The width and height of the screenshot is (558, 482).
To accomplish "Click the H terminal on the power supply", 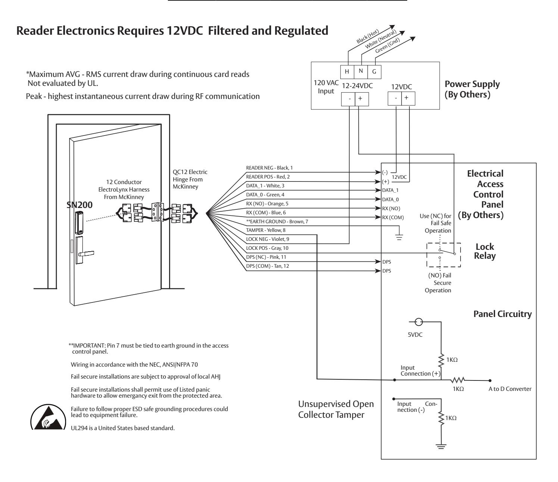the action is tap(347, 72).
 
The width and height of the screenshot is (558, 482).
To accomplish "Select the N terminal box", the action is tap(361, 72).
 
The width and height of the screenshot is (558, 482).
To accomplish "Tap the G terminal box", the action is tap(374, 72).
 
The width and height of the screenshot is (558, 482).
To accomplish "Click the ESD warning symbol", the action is tap(48, 417).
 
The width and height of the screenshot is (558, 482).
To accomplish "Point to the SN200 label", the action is tap(80, 205).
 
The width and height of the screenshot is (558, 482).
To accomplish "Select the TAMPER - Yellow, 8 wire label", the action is tap(266, 230).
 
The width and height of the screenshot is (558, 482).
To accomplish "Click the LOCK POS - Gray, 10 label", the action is tap(267, 248).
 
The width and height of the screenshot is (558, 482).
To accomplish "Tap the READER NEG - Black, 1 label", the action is tap(269, 168).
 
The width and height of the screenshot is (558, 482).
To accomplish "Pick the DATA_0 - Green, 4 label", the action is tap(265, 195).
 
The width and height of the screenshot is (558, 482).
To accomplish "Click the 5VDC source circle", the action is tap(418, 322).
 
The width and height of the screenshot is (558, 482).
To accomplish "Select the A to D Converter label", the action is tap(510, 389).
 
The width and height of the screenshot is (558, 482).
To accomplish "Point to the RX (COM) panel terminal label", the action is tap(393, 217).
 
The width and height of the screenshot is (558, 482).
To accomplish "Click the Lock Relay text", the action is tap(485, 251).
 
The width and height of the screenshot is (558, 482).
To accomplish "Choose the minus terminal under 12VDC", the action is tap(395, 99).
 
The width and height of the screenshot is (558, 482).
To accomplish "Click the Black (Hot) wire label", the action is tap(368, 37).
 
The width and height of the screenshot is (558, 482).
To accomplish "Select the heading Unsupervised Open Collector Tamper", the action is tap(336, 409).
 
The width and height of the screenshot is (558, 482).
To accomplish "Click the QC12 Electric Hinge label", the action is tap(190, 179).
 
